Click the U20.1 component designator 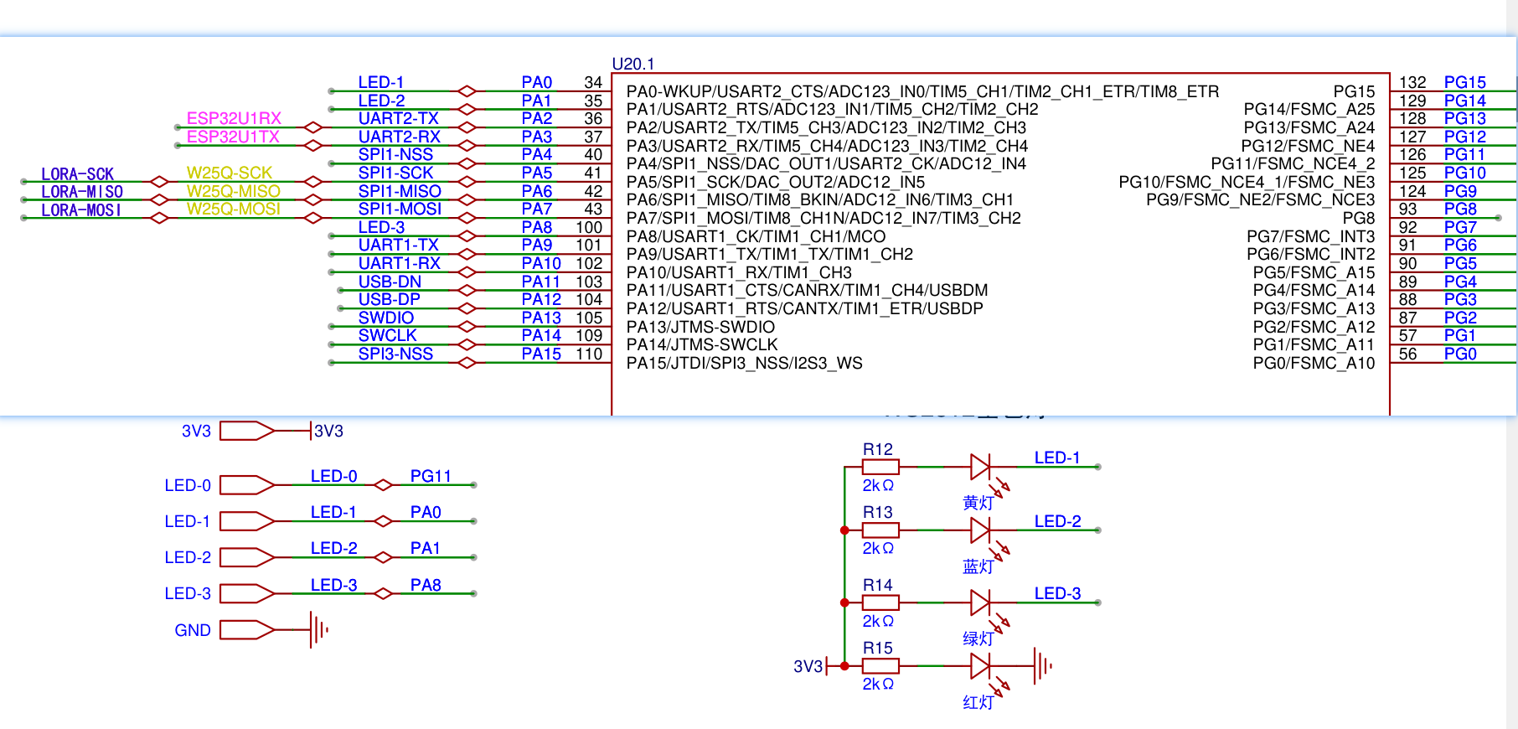(633, 64)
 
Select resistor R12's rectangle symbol (880, 467)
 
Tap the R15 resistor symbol (880, 666)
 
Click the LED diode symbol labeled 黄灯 (979, 467)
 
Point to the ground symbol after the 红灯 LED (1043, 666)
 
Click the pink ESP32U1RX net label (234, 118)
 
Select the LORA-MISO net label (82, 192)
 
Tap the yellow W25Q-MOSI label (233, 209)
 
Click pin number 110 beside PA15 (589, 354)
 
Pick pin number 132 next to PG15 (1412, 82)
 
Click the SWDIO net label (386, 318)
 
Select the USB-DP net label (390, 299)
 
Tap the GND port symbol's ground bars (318, 630)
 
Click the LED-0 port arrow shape (247, 485)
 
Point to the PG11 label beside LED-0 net (431, 476)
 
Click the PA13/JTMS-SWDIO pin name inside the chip (700, 327)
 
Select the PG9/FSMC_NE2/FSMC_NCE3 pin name (1260, 199)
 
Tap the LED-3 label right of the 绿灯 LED (1057, 593)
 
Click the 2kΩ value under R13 (878, 548)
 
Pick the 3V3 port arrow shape (247, 431)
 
